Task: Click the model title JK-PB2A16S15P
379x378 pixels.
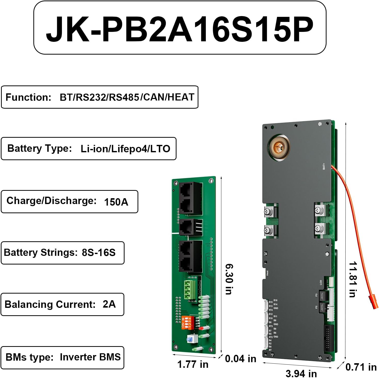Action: point(180,29)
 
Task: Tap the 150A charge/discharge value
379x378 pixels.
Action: point(116,202)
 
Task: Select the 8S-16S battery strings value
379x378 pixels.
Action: point(99,253)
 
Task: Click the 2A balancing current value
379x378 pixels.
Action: point(109,304)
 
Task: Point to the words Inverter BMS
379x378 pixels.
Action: point(90,357)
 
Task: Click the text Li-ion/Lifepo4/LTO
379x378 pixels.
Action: point(125,149)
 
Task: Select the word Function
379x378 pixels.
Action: point(28,97)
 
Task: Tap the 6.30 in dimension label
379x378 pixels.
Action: point(229,279)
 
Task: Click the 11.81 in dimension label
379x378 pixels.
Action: point(353,279)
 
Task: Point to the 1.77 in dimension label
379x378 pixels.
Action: point(193,364)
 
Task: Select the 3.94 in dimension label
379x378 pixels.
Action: point(301,373)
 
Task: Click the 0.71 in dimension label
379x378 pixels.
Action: point(361,367)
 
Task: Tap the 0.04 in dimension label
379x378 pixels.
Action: point(240,359)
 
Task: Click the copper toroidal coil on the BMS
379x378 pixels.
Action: point(279,147)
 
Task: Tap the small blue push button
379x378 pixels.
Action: point(190,339)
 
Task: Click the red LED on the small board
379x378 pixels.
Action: point(201,328)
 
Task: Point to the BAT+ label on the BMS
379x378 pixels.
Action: point(324,166)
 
